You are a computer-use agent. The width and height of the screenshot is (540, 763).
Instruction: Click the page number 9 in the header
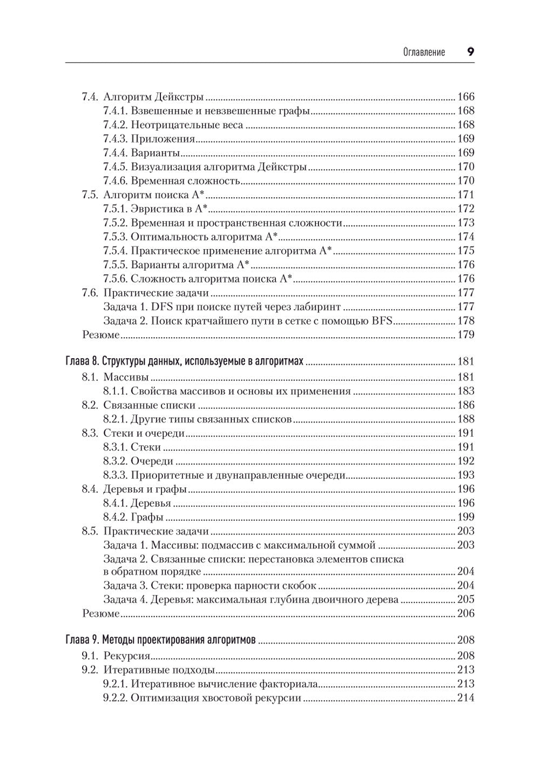tap(470, 52)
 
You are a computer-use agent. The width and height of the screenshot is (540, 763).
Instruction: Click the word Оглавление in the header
tap(424, 52)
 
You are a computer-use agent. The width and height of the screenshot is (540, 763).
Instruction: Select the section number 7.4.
tap(90, 97)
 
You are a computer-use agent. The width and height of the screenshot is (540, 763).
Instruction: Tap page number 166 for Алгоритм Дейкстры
tap(465, 97)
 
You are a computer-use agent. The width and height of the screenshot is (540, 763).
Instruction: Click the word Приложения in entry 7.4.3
tap(163, 139)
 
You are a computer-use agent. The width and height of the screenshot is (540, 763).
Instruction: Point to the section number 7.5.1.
tap(114, 209)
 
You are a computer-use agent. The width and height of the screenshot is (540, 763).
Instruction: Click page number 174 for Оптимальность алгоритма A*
tap(465, 237)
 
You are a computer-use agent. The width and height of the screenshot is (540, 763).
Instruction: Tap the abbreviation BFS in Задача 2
tap(382, 321)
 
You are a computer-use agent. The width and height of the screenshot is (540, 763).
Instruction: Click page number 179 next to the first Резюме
tap(465, 335)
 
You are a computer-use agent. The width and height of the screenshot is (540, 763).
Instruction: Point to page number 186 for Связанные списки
tap(465, 405)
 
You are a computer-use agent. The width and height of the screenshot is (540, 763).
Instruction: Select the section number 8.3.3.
tap(114, 476)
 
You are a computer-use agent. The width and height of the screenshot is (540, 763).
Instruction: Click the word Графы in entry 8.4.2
tap(147, 517)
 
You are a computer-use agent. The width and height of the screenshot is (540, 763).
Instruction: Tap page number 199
tap(465, 517)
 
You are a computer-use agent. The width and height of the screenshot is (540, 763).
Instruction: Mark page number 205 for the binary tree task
tap(465, 600)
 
